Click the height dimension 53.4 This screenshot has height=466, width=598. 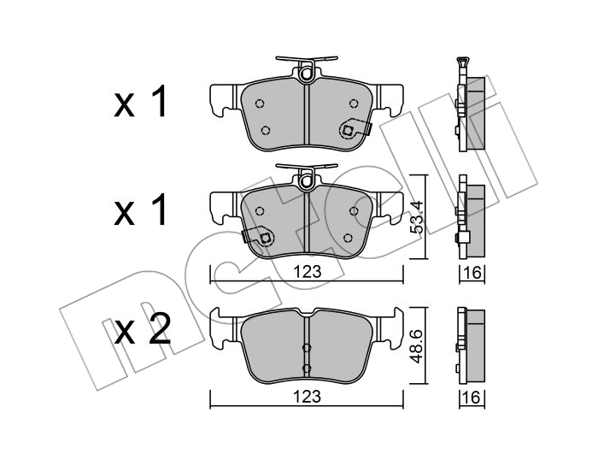(417, 217)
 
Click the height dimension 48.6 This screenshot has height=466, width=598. (417, 346)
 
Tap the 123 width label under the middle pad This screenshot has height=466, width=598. (308, 272)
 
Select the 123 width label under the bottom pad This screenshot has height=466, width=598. (308, 397)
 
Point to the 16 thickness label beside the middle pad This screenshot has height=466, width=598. (472, 273)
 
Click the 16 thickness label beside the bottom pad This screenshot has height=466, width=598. (472, 398)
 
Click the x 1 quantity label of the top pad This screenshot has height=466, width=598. (140, 101)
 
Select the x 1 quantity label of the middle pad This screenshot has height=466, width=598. (140, 209)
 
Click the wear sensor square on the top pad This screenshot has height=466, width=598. (347, 130)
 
